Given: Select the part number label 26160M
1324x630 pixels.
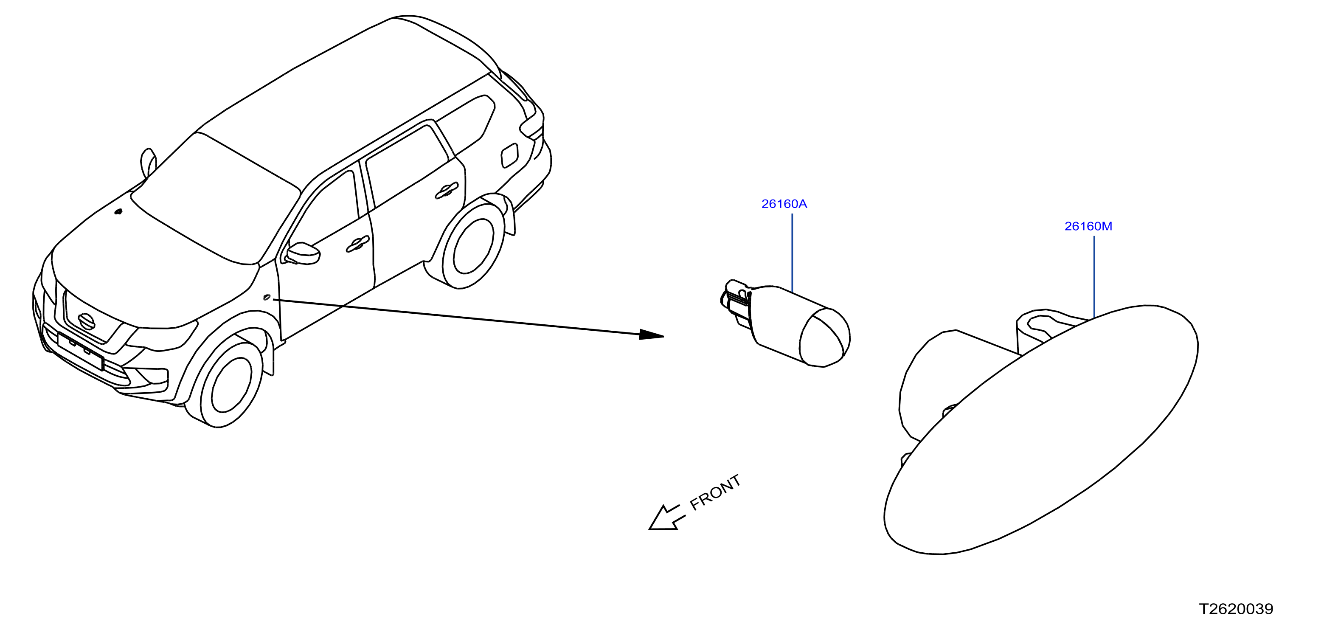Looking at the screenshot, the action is pyautogui.click(x=1088, y=226).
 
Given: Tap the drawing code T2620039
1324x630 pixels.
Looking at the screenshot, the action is pyautogui.click(x=1236, y=609).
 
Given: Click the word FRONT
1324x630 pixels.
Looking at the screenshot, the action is pyautogui.click(x=715, y=492).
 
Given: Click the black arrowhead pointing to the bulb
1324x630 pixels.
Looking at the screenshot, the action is pyautogui.click(x=652, y=335).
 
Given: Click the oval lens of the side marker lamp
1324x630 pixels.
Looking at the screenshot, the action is pyautogui.click(x=1041, y=429).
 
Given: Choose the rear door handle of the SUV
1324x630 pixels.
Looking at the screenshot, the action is pyautogui.click(x=446, y=191).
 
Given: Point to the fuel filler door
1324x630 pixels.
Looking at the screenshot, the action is pyautogui.click(x=509, y=156).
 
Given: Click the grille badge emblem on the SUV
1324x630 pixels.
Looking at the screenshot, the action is pyautogui.click(x=86, y=322).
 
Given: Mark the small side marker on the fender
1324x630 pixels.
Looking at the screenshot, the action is pyautogui.click(x=267, y=297).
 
